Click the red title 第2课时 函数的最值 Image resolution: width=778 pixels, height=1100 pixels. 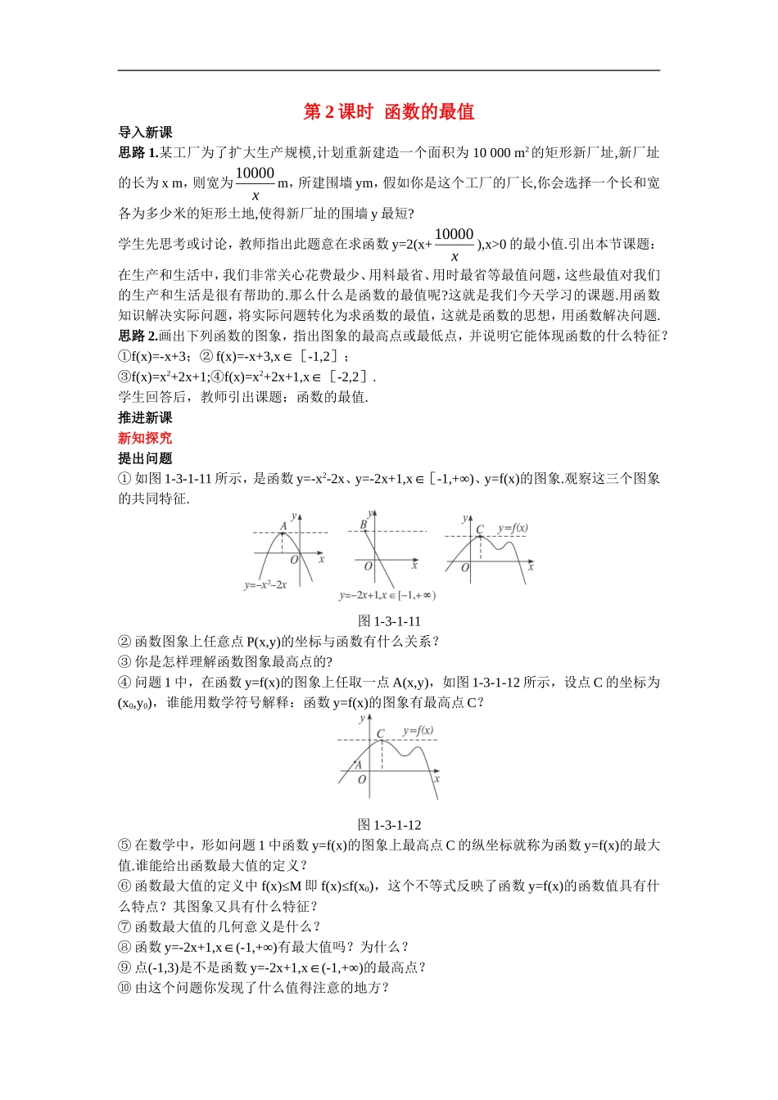pos(389,112)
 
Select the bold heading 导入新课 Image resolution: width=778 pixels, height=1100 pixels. pos(145,133)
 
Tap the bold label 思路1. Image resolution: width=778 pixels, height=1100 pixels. pos(138,152)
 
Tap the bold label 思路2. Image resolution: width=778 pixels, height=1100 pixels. pos(138,336)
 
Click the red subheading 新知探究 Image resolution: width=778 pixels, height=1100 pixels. pos(145,439)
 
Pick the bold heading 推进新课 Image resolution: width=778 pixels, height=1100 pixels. pos(145,418)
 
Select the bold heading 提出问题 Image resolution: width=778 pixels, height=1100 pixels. pos(145,459)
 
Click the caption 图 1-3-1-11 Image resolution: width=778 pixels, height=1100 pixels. pos(389,621)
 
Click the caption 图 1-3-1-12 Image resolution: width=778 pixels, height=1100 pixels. pos(389,825)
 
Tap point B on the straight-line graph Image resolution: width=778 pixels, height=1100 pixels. pos(364,525)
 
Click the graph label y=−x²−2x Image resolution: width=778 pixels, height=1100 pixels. pos(265,585)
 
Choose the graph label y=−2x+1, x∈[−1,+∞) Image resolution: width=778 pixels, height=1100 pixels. pos(387,596)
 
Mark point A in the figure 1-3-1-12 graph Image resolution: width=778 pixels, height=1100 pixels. pos(358,765)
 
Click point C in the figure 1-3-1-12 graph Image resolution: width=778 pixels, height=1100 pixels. pos(381,735)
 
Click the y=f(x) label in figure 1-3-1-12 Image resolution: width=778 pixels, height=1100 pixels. pos(418,730)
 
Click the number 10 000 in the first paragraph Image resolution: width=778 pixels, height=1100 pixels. pos(491,153)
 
